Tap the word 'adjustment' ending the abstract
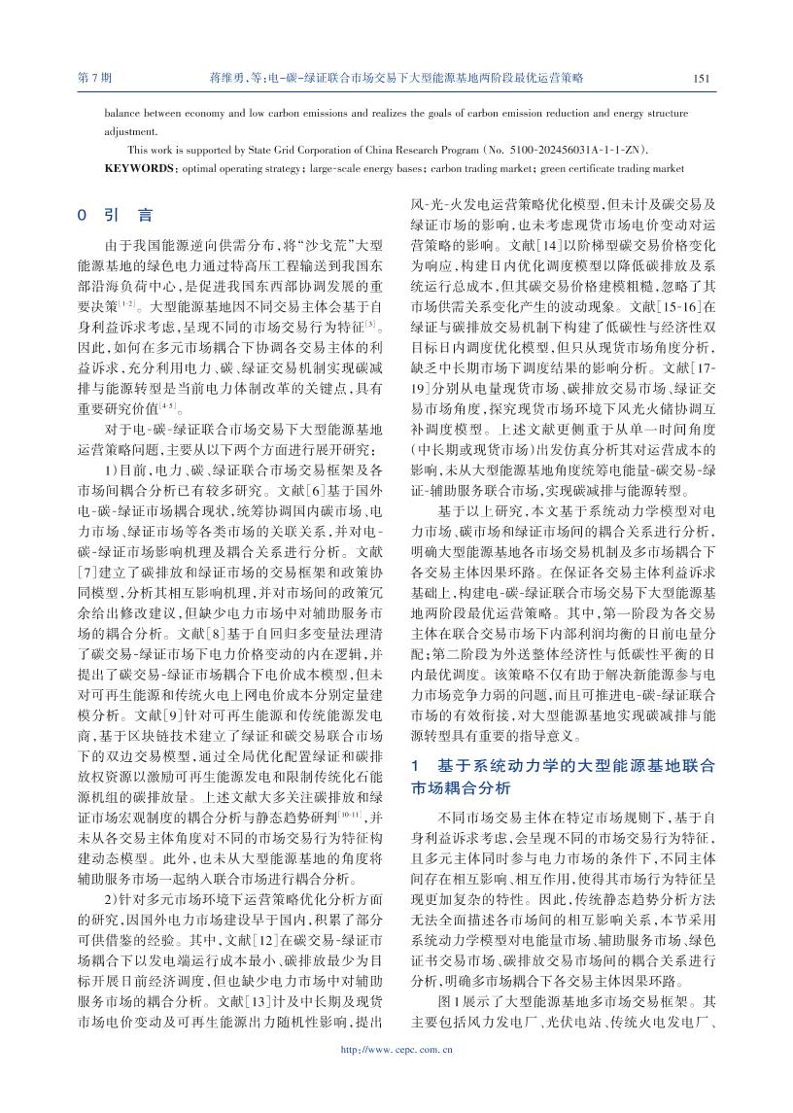point(129,130)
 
